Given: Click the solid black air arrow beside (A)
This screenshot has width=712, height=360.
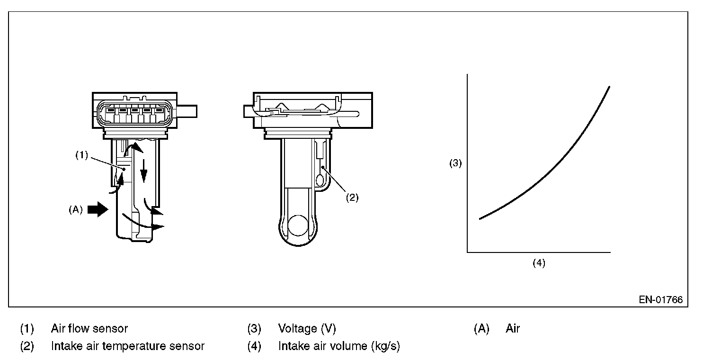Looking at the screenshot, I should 98,209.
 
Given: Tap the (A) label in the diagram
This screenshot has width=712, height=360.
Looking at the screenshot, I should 76,209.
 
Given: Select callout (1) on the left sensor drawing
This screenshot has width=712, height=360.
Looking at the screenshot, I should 81,155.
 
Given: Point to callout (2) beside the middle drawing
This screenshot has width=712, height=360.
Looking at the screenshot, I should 351,198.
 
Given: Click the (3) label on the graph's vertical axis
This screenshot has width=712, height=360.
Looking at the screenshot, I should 455,164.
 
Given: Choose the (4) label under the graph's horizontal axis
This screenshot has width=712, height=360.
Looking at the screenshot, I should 539,263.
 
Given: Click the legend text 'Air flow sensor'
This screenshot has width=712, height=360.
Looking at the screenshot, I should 89,328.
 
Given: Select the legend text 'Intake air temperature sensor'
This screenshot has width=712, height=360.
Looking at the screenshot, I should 127,346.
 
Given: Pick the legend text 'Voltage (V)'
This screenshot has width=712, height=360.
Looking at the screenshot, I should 307,328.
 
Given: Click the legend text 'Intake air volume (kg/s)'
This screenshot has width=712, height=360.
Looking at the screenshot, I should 338,346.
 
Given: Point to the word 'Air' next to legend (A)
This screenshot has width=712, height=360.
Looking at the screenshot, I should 513,328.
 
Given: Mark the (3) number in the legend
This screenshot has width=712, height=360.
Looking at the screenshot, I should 254,328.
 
